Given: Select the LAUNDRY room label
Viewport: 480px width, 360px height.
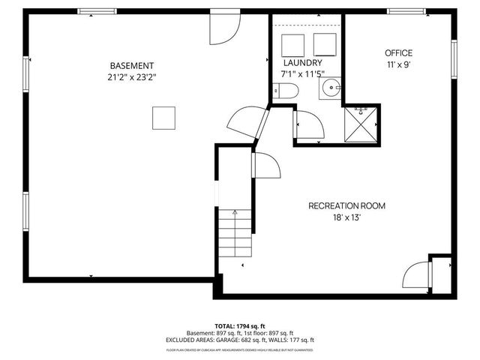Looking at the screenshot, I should click(x=303, y=63).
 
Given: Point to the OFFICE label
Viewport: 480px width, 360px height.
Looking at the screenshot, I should click(x=398, y=52).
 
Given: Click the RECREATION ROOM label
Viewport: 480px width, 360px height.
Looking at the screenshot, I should click(x=346, y=205).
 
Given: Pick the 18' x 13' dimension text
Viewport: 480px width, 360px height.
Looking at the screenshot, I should click(x=346, y=217).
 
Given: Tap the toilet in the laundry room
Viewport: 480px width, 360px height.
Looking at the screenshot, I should click(x=286, y=91).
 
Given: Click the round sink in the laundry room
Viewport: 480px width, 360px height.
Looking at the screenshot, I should click(x=330, y=91).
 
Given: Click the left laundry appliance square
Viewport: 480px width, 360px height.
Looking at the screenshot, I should click(x=291, y=42).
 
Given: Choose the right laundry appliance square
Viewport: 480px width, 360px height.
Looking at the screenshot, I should click(x=325, y=42).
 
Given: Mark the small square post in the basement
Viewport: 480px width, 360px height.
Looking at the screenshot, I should click(x=164, y=118).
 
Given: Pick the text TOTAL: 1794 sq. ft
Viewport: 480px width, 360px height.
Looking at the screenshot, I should click(x=240, y=326).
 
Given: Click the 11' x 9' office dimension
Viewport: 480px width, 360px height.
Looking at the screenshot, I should click(x=398, y=64).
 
